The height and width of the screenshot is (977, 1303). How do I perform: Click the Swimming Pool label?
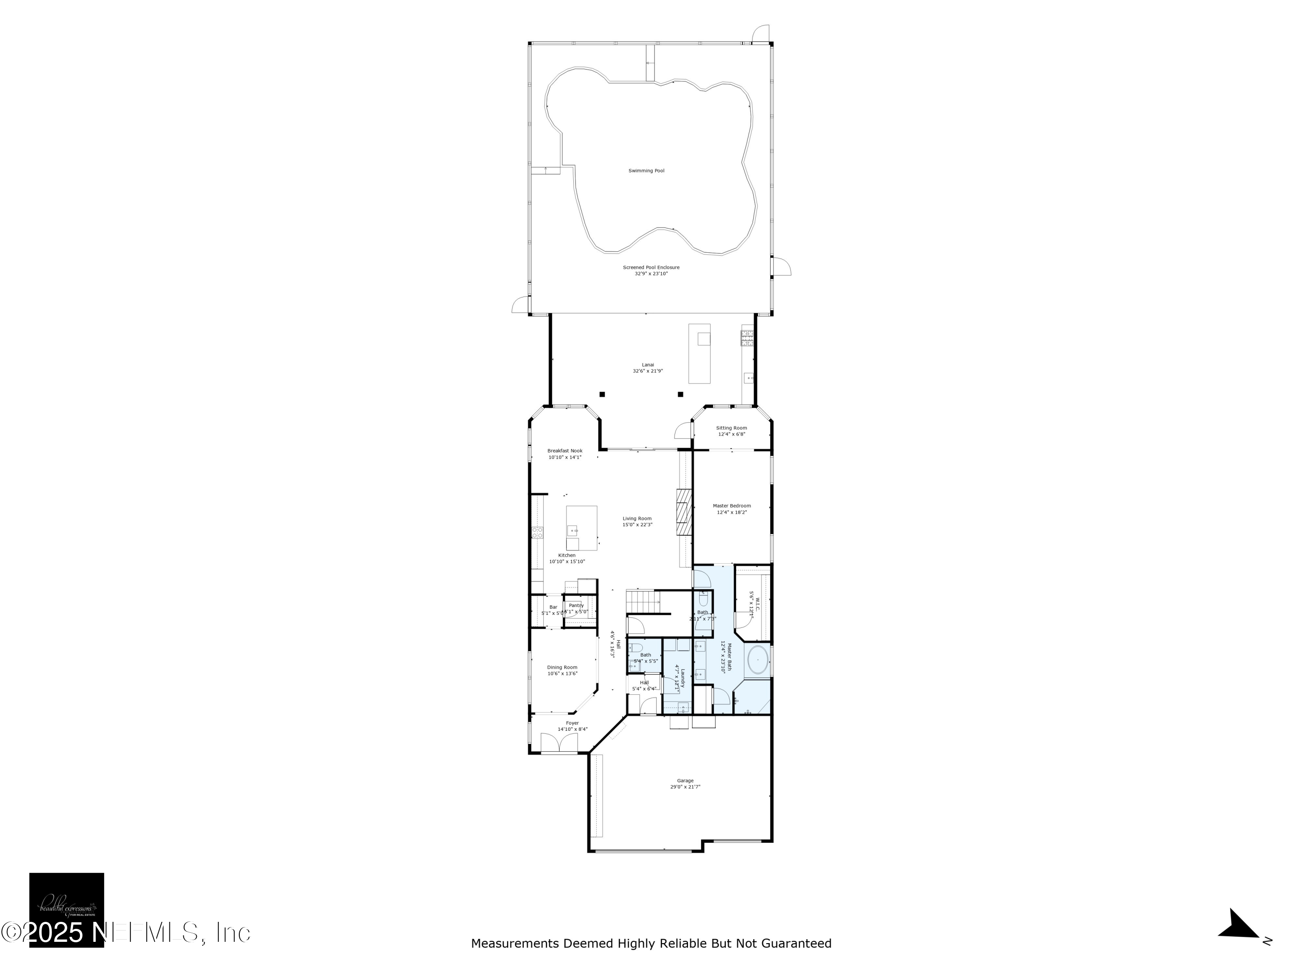pyautogui.click(x=646, y=171)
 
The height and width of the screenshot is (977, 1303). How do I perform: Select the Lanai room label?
pyautogui.click(x=648, y=365)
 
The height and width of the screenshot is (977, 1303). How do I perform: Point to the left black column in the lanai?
pyautogui.click(x=602, y=394)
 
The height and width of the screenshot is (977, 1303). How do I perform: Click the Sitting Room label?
pyautogui.click(x=731, y=428)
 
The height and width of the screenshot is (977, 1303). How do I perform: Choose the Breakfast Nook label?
pyautogui.click(x=564, y=451)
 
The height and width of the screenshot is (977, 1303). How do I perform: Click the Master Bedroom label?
pyautogui.click(x=731, y=506)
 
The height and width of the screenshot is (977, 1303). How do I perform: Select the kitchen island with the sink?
pyautogui.click(x=582, y=528)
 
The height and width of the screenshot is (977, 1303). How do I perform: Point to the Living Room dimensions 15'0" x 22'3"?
pyautogui.click(x=637, y=525)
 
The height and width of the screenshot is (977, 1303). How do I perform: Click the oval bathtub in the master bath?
pyautogui.click(x=757, y=661)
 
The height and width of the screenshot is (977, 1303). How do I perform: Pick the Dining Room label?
pyautogui.click(x=562, y=667)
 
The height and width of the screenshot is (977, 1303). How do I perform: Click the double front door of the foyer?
pyautogui.click(x=559, y=743)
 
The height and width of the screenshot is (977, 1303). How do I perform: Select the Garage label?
pyautogui.click(x=685, y=781)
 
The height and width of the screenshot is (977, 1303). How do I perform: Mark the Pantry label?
pyautogui.click(x=576, y=605)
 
